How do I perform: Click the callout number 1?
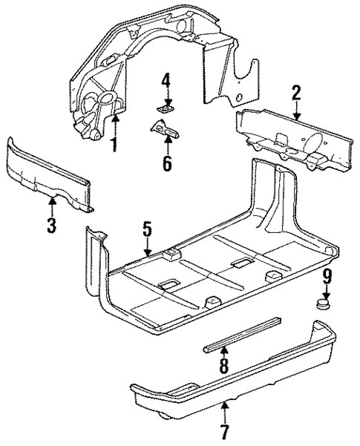click(x=114, y=142)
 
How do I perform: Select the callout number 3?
click(x=51, y=225)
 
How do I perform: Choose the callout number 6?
click(x=166, y=163)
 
